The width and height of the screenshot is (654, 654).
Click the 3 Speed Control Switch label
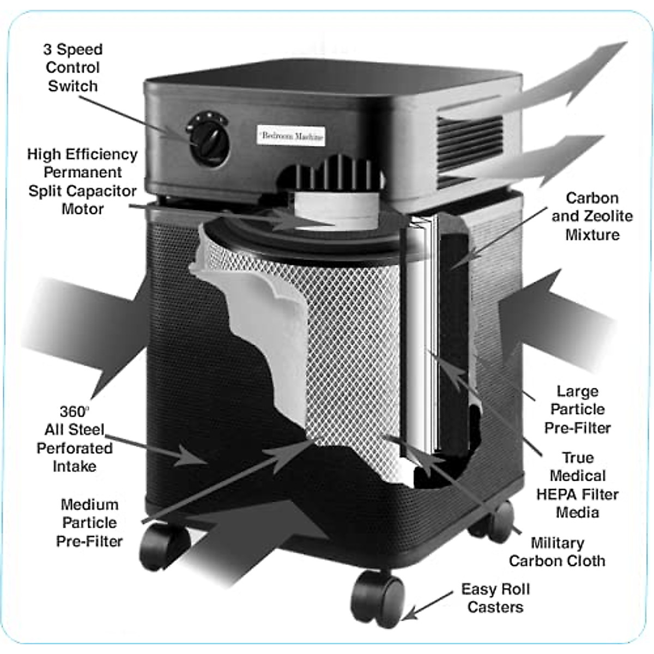point(72,68)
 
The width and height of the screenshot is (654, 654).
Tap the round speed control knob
point(208,139)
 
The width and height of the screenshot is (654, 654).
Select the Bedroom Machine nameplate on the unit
point(291,136)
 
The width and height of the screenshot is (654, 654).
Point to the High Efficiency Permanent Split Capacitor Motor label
point(82,181)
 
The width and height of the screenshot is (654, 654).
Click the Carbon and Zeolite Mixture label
point(592,216)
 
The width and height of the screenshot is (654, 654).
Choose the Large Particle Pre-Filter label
point(577,409)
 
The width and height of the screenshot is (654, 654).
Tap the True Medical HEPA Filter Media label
point(577,485)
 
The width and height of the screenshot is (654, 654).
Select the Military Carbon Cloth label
point(557,552)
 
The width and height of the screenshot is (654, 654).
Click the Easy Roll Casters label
point(495,598)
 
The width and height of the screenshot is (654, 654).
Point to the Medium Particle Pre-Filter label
point(89,523)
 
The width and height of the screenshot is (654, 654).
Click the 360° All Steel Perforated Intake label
point(75,439)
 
